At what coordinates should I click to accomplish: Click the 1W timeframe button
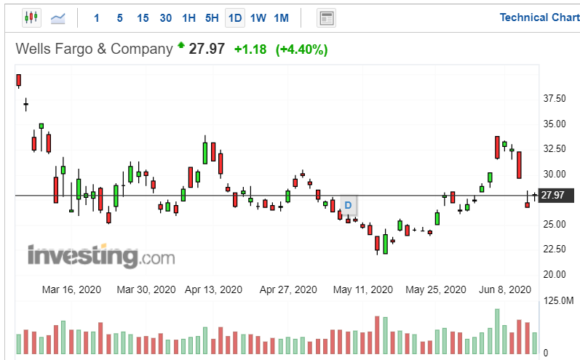click(x=258, y=17)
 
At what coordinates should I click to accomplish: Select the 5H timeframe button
click(x=212, y=17)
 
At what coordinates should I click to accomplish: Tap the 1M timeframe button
click(x=281, y=17)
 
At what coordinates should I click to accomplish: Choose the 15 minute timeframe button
click(x=143, y=17)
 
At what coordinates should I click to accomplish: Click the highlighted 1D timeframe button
click(x=234, y=17)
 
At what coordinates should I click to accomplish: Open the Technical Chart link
click(x=539, y=17)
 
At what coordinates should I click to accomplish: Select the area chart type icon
click(x=57, y=17)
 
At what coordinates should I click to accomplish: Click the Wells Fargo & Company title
click(x=95, y=49)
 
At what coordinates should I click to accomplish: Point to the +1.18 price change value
click(x=250, y=49)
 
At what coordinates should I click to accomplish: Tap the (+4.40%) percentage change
click(x=301, y=49)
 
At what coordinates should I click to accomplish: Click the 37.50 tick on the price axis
click(x=556, y=98)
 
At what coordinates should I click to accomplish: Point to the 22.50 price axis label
click(x=556, y=249)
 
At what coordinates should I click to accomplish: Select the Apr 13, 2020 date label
click(x=213, y=289)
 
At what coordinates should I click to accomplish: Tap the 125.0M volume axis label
click(x=559, y=300)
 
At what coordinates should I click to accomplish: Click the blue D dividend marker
click(x=348, y=205)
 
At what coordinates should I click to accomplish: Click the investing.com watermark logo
click(x=101, y=256)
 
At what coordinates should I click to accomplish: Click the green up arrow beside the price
click(x=180, y=46)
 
